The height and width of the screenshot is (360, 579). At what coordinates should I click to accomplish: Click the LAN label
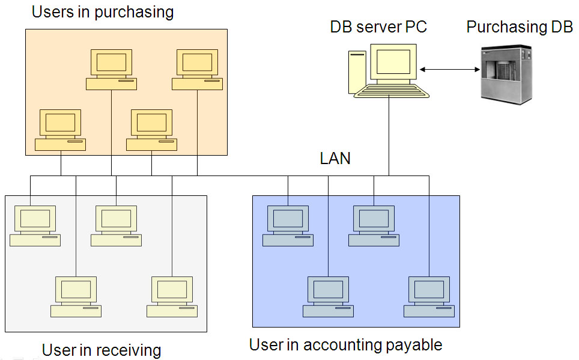click(x=335, y=159)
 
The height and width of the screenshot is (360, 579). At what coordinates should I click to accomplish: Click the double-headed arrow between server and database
click(x=450, y=70)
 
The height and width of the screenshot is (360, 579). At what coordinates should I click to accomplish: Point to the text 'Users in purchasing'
click(x=102, y=11)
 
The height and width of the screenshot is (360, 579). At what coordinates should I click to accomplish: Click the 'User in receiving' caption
click(x=102, y=350)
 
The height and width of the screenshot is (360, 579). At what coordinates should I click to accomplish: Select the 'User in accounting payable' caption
click(x=345, y=345)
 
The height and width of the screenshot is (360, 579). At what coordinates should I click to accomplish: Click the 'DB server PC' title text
click(x=378, y=27)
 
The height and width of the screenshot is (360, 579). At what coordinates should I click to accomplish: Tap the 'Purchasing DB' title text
click(x=520, y=27)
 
